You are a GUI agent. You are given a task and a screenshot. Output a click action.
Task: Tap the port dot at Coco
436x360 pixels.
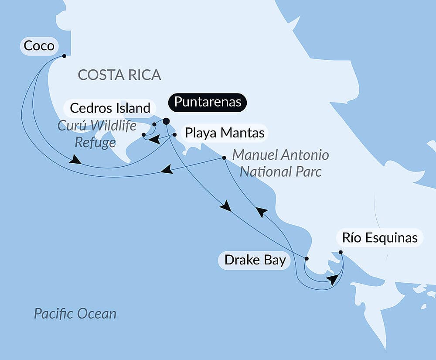(64, 56)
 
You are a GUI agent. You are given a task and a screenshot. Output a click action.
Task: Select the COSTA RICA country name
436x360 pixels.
(119, 75)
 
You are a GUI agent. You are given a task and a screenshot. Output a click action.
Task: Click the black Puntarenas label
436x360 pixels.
(208, 102)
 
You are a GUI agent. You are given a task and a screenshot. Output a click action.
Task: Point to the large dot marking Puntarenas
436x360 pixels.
(166, 121)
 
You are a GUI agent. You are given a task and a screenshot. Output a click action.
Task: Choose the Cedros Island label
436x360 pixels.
(110, 108)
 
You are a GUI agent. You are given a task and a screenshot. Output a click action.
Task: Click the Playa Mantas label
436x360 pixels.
(225, 133)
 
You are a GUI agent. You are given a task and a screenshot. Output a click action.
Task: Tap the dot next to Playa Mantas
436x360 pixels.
(174, 135)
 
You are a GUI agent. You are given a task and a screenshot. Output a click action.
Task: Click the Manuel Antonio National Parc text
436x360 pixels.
(280, 163)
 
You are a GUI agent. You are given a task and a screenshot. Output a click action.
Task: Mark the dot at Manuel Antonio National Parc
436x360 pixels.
(224, 158)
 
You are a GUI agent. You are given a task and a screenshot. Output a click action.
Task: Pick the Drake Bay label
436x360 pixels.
(255, 261)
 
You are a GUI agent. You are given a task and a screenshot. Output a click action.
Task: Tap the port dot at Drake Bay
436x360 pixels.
(306, 259)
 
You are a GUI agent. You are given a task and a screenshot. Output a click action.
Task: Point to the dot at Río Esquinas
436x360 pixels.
(341, 252)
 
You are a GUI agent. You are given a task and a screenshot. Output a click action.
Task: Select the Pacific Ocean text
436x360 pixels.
(75, 313)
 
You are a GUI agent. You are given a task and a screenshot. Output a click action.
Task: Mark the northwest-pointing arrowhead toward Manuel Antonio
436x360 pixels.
(261, 212)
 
